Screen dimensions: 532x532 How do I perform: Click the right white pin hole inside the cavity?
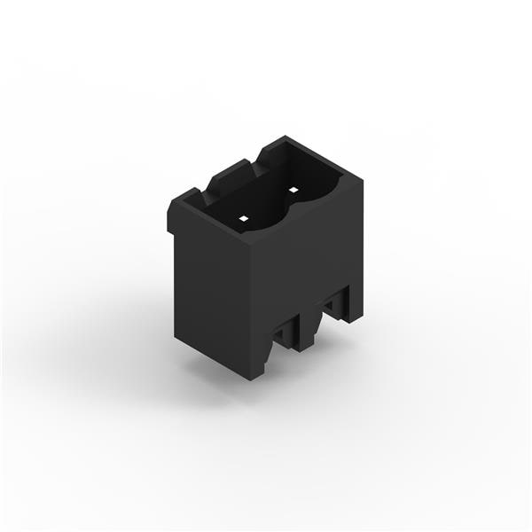292,189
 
